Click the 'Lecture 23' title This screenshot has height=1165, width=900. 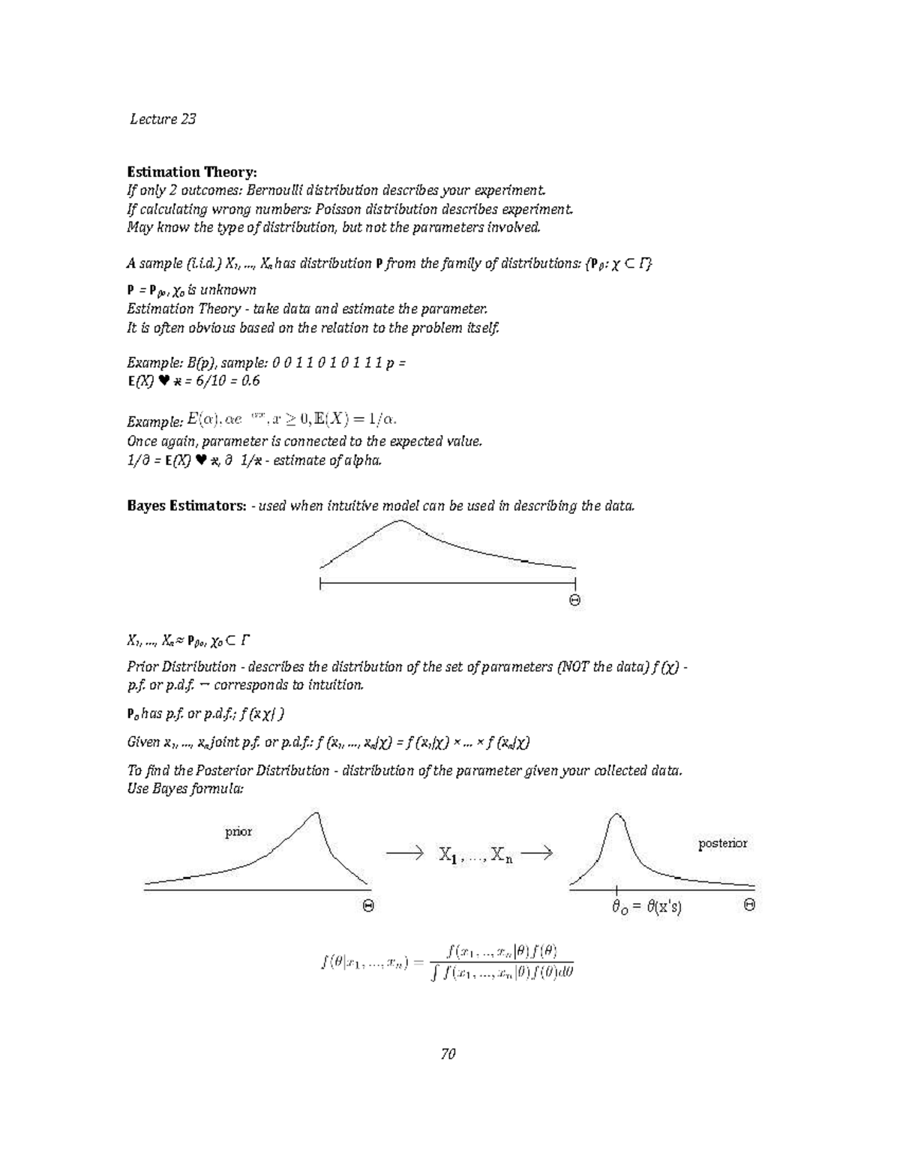tap(163, 119)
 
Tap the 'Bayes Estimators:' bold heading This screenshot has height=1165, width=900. tap(186, 506)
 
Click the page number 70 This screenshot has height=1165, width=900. tap(448, 1054)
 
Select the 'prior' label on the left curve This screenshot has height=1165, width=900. tap(238, 831)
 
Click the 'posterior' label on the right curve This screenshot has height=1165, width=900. tap(722, 843)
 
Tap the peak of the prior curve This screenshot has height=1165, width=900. tap(320, 812)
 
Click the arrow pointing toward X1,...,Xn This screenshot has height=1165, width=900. tap(404, 853)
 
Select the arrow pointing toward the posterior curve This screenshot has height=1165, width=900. tap(536, 853)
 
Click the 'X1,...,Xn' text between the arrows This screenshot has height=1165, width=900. tap(475, 854)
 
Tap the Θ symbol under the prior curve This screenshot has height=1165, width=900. tap(368, 906)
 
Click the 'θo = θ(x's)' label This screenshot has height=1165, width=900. tap(646, 907)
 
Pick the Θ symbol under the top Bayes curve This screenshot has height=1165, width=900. tap(574, 600)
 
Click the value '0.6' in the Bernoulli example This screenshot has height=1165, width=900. tap(250, 380)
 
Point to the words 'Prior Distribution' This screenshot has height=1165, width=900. tap(181, 666)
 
